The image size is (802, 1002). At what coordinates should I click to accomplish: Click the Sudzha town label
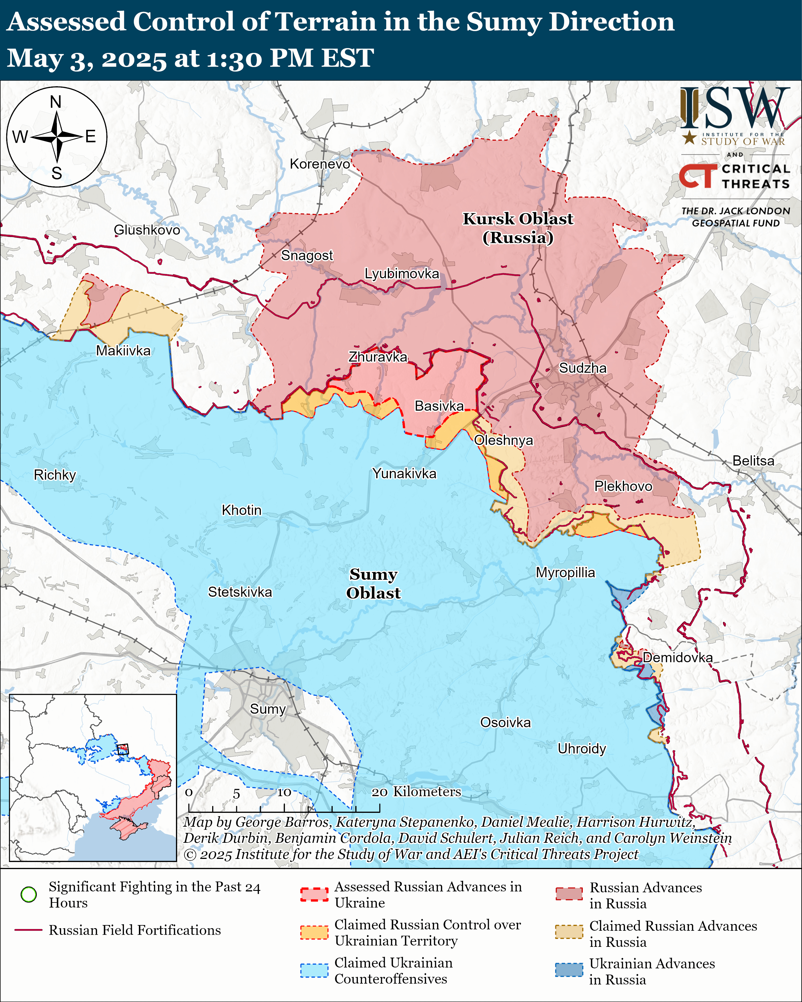(582, 368)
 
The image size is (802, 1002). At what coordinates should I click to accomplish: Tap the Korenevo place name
(320, 164)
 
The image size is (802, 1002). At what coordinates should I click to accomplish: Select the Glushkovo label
(147, 230)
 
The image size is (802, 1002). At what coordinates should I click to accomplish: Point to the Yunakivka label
(404, 474)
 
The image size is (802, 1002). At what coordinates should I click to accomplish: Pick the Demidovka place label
(678, 658)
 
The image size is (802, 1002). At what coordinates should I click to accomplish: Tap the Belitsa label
(753, 461)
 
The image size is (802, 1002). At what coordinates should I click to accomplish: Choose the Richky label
(55, 475)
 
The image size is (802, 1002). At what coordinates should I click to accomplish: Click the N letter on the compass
(56, 102)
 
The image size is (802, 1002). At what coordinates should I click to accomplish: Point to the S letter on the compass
(57, 173)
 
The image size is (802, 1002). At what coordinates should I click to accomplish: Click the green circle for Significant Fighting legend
(29, 894)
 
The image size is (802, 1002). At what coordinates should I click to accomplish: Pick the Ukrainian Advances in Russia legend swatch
(569, 970)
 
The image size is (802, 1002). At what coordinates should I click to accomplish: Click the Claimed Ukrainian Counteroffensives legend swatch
(314, 970)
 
